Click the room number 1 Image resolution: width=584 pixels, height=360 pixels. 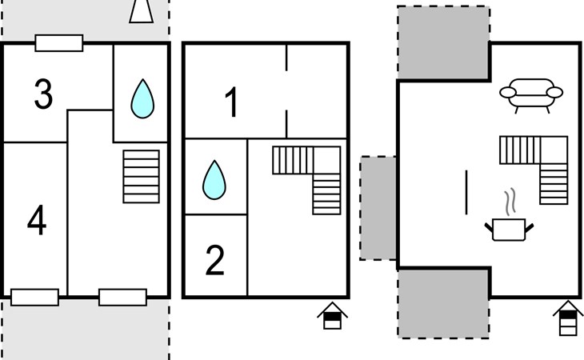231,104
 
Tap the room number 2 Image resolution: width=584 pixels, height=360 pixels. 214,261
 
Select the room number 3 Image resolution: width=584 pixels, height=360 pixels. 43,94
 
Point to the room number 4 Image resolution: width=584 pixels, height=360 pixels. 37,221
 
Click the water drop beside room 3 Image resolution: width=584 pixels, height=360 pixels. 142,98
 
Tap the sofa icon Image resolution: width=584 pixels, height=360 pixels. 531,93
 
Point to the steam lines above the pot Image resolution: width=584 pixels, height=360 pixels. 509,200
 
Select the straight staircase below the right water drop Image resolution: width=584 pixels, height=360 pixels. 141,176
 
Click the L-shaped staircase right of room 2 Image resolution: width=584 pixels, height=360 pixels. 307,178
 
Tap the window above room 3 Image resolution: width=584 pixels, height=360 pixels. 59,43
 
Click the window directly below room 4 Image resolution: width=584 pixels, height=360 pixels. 35,298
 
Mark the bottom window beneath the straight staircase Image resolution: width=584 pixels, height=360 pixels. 122,298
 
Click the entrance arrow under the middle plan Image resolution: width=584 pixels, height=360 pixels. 332,316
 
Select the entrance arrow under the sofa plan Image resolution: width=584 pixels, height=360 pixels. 567,318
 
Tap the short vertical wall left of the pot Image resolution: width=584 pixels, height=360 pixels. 466,192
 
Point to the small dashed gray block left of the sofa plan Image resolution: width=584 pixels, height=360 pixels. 378,208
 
